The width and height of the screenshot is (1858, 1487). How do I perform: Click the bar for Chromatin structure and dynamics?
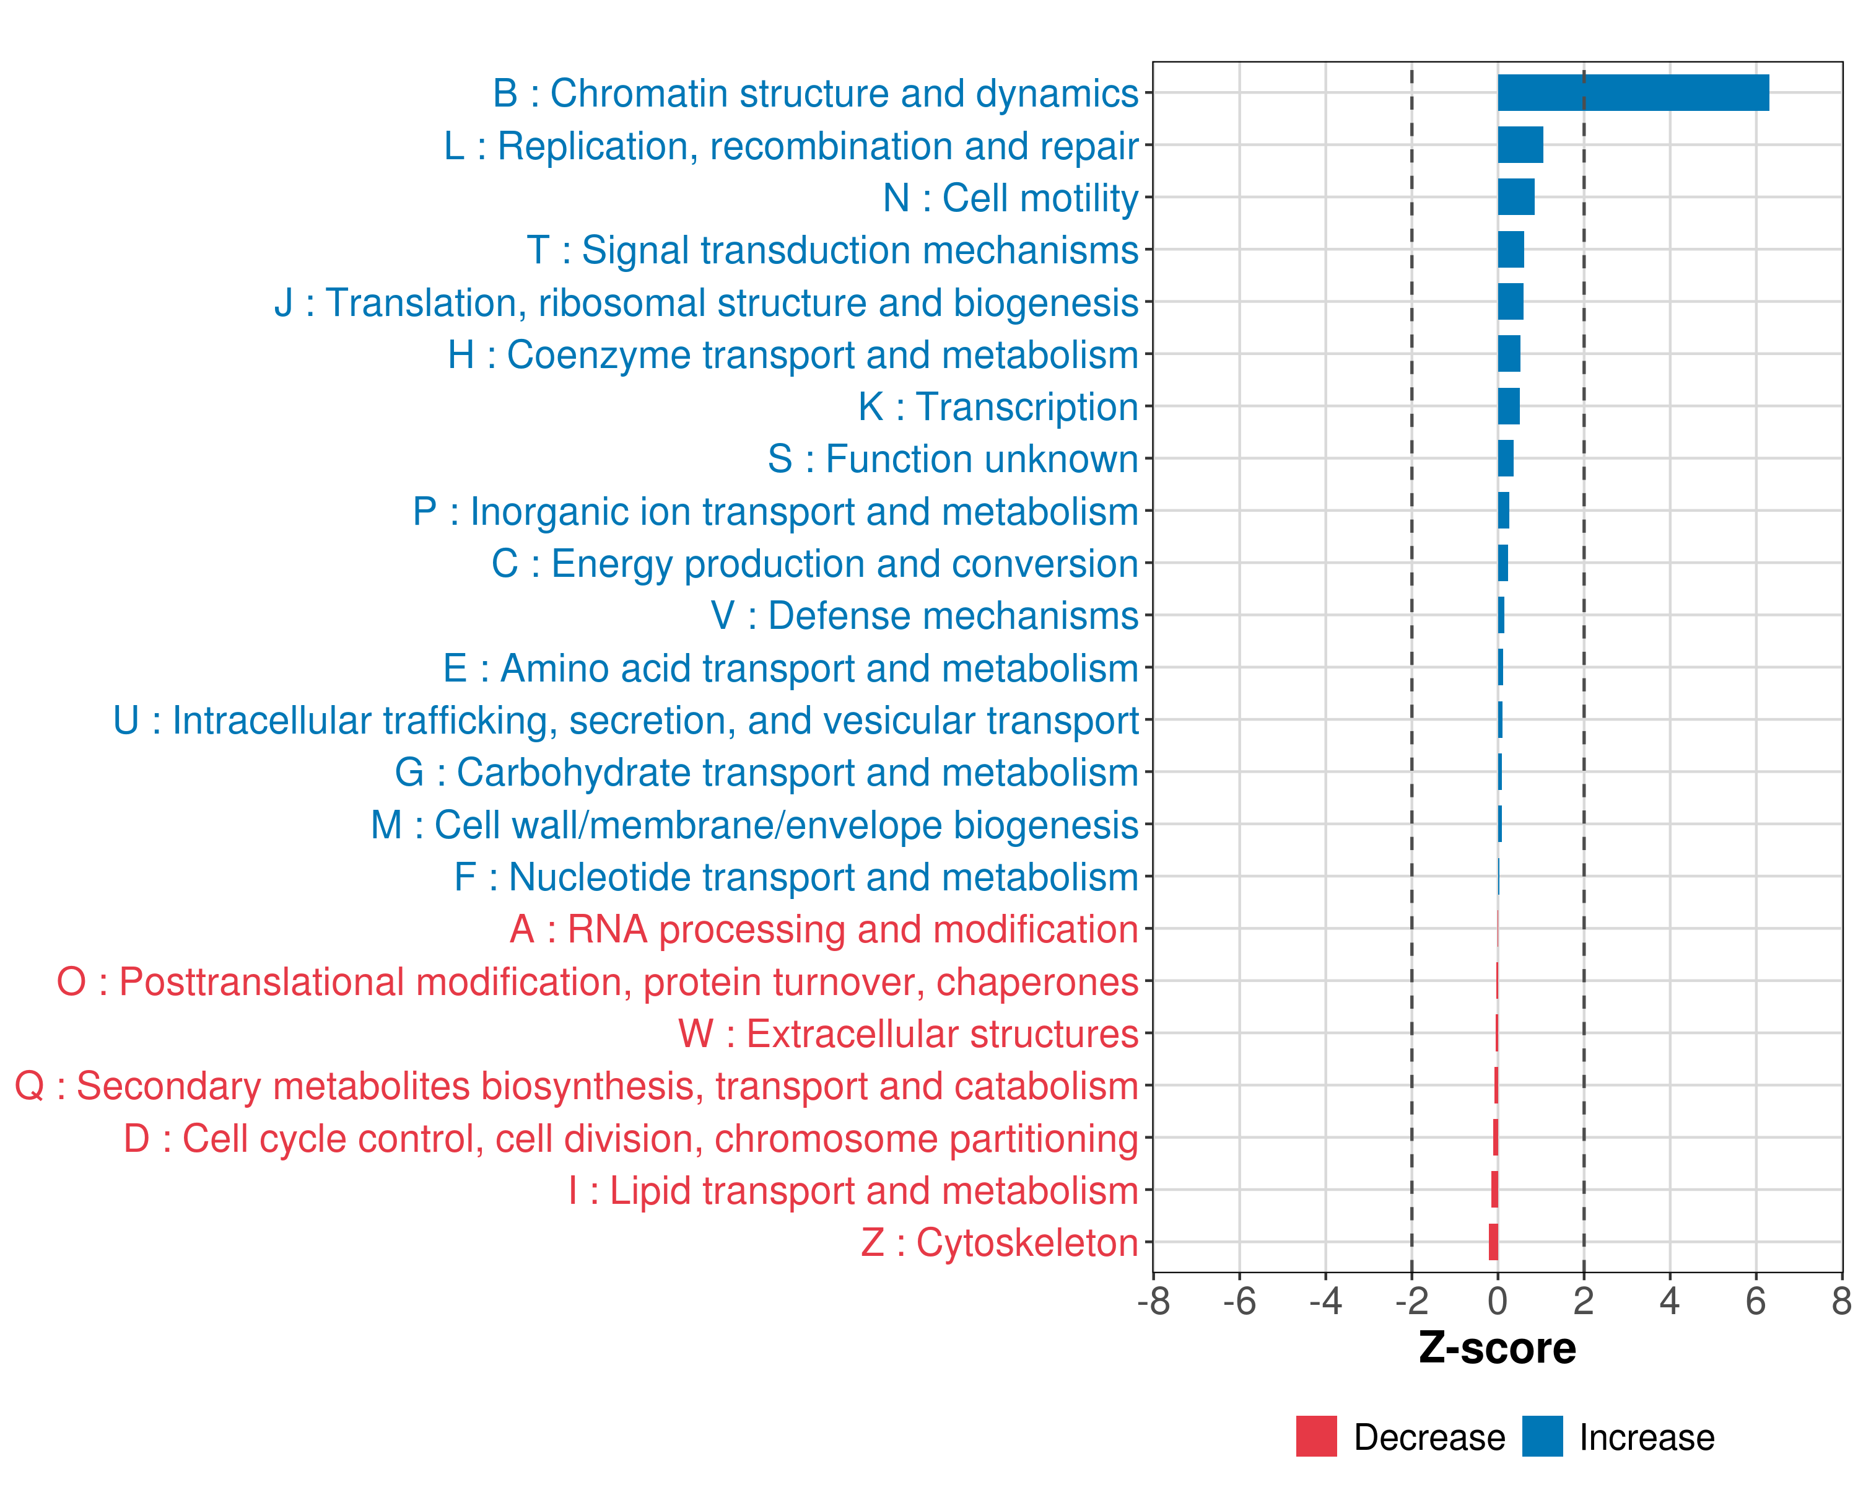pos(1633,93)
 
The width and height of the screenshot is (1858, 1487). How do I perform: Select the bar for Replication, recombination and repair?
pos(1520,145)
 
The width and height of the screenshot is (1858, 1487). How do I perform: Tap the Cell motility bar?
pos(1516,198)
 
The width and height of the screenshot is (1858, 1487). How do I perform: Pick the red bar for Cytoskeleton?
pos(1493,1242)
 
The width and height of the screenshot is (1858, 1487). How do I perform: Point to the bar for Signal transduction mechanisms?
pos(1511,250)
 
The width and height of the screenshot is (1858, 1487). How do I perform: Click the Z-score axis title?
pos(1497,1348)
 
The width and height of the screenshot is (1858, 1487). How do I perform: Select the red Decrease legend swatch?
pos(1316,1436)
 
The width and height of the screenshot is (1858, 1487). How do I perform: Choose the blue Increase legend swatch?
pos(1542,1436)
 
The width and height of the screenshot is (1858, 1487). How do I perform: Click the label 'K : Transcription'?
pos(998,407)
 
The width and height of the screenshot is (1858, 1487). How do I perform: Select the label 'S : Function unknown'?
pos(953,460)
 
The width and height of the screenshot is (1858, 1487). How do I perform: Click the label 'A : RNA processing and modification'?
pos(824,930)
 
